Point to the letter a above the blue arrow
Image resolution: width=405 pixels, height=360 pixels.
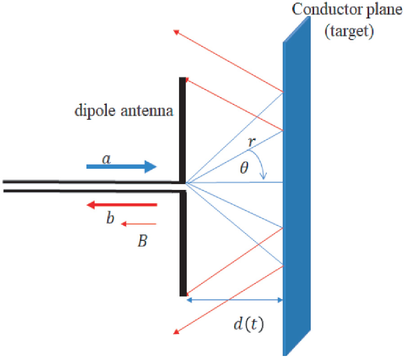106,158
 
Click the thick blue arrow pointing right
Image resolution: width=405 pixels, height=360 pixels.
121,167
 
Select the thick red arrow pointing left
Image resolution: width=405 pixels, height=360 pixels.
121,205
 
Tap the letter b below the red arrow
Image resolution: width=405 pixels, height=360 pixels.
110,219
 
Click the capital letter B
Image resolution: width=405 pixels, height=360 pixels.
142,242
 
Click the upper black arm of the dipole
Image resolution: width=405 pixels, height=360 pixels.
182,128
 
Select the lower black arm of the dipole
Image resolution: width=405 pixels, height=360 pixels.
183,243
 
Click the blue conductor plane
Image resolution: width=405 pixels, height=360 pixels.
297,189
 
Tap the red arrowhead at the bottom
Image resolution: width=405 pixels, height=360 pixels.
177,332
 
